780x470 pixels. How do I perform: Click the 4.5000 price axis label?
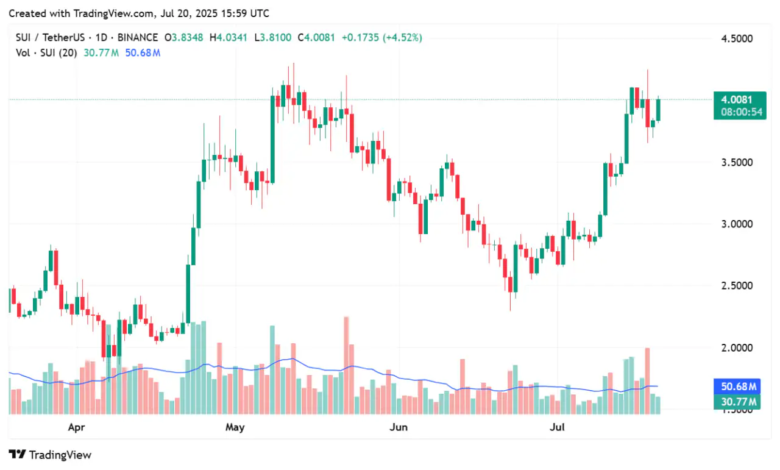(736, 39)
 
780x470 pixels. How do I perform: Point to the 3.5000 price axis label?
(736, 163)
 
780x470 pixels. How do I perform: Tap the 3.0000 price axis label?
(736, 224)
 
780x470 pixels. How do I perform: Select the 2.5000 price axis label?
(736, 286)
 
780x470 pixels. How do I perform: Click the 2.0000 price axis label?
(736, 348)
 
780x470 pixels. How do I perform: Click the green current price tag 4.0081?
(740, 99)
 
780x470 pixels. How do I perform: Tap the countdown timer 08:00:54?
(740, 112)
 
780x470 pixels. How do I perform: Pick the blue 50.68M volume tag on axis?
(739, 387)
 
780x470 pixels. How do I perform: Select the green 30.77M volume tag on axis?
(739, 402)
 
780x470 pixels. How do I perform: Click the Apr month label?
(76, 427)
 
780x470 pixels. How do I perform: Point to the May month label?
(235, 427)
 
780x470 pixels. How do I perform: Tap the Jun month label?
(398, 427)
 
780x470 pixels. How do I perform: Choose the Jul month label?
(557, 427)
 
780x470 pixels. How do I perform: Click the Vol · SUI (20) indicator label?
(46, 52)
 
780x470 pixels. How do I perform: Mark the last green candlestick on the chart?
(658, 110)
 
